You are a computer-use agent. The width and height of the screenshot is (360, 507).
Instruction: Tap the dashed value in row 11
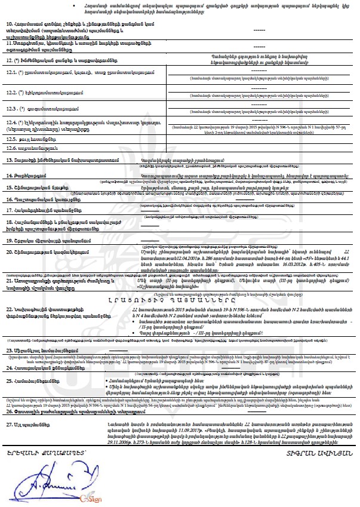click(259, 46)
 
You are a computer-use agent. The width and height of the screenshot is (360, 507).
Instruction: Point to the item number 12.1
click(13, 72)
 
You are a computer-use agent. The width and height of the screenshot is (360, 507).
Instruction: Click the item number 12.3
click(13, 109)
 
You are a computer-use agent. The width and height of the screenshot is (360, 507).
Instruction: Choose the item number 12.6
click(13, 147)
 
